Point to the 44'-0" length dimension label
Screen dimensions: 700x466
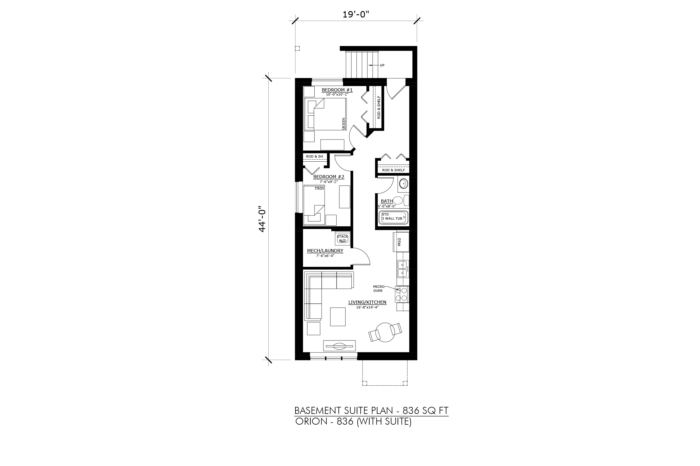pyautogui.click(x=262, y=219)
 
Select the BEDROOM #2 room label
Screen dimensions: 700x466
pyautogui.click(x=329, y=177)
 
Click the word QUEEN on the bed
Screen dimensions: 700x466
pyautogui.click(x=344, y=123)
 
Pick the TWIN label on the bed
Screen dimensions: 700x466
pyautogui.click(x=319, y=188)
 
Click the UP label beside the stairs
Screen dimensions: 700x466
pyautogui.click(x=382, y=65)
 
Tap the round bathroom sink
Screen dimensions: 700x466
pyautogui.click(x=403, y=183)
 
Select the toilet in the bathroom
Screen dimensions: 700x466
pyautogui.click(x=400, y=201)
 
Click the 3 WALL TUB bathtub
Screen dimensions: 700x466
pyautogui.click(x=393, y=217)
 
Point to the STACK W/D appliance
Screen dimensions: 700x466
pyautogui.click(x=342, y=238)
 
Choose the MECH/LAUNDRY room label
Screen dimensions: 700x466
pyautogui.click(x=325, y=251)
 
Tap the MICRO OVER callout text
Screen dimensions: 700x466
pyautogui.click(x=379, y=289)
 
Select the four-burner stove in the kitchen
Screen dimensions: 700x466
pyautogui.click(x=402, y=294)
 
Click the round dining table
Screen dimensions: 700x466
pyautogui.click(x=385, y=332)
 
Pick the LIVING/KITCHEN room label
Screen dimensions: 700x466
pyautogui.click(x=367, y=302)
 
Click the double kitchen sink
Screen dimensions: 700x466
pyautogui.click(x=403, y=269)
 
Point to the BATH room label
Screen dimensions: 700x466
pyautogui.click(x=387, y=201)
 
